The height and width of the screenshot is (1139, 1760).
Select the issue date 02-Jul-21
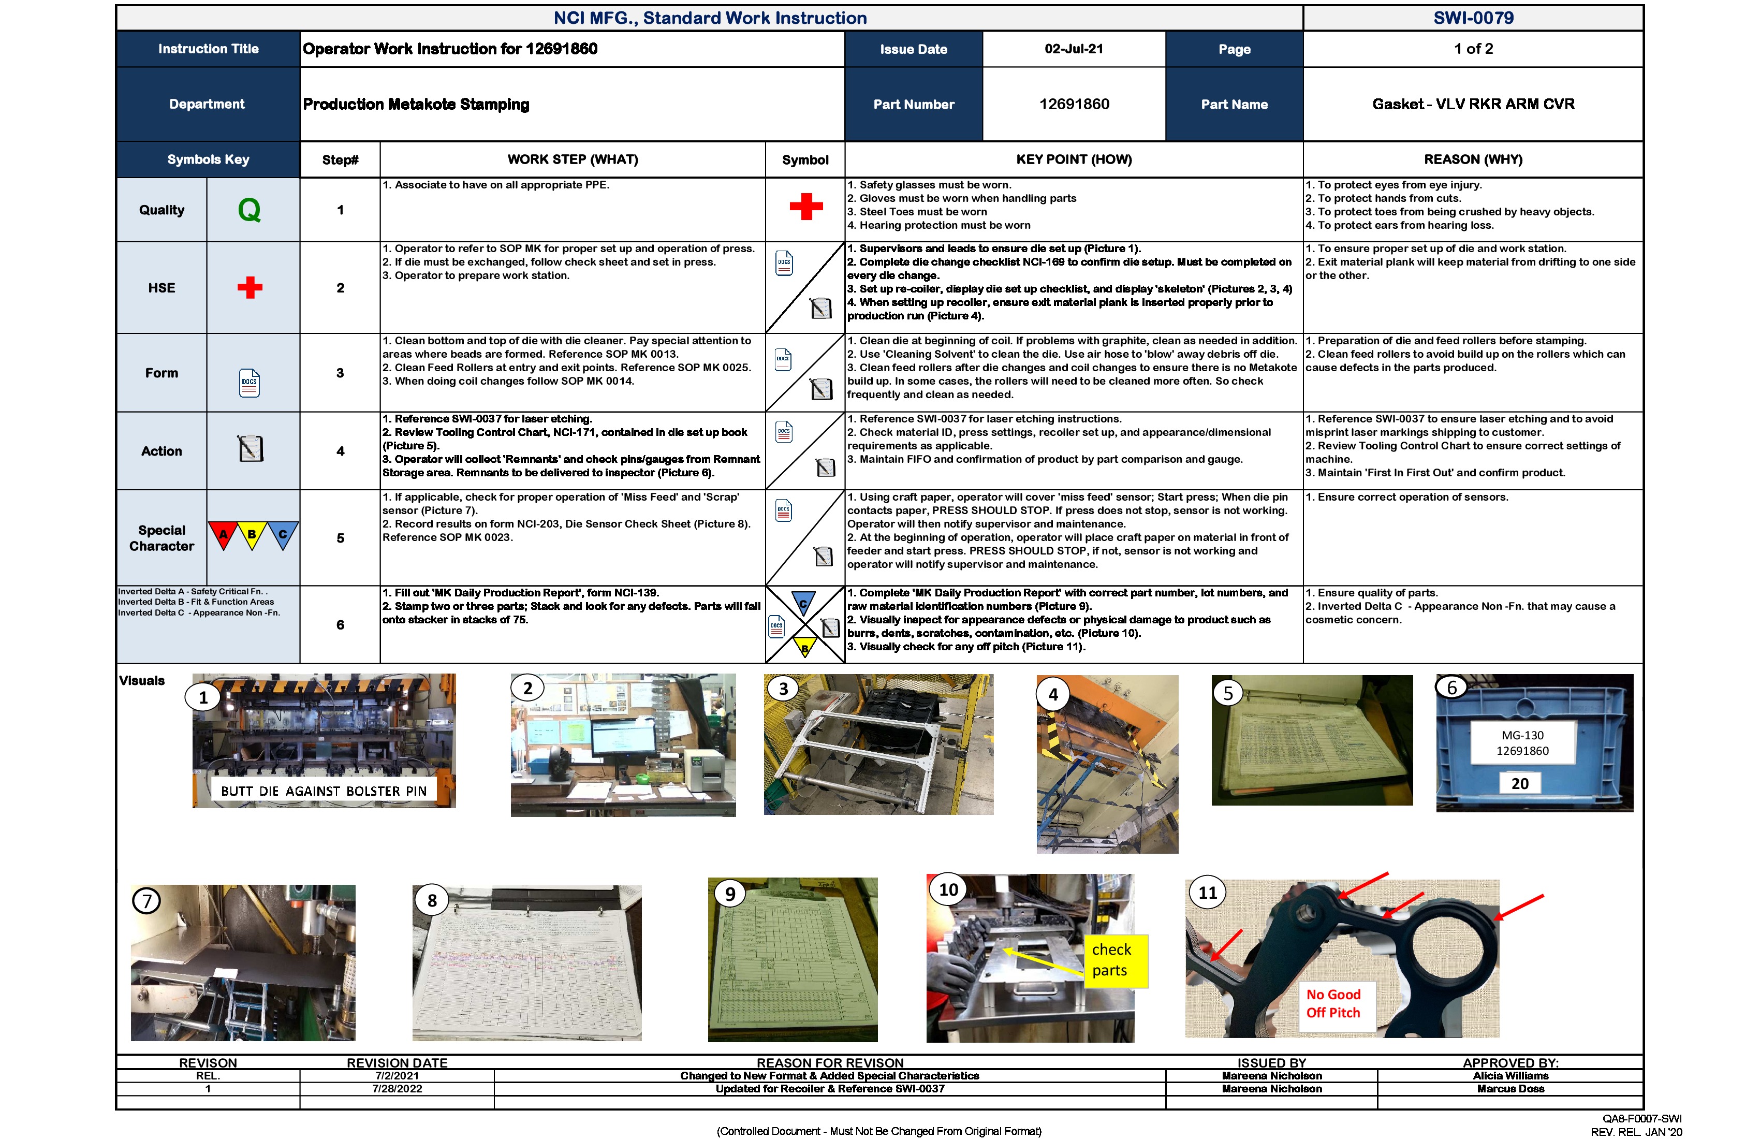pos(1073,49)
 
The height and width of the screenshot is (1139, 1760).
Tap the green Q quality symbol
pos(249,210)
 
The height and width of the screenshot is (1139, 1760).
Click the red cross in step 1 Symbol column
pos(805,207)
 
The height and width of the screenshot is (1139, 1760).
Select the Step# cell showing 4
pos(340,451)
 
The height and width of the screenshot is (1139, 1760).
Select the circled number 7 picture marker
pos(146,901)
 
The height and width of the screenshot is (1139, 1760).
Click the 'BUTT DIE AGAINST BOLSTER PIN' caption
pos(324,791)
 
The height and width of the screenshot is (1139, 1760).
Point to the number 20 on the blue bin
pos(1520,783)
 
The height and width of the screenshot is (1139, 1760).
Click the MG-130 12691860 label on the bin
pos(1522,742)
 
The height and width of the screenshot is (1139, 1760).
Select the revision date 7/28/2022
pos(397,1089)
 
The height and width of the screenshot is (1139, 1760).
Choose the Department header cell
pos(207,104)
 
